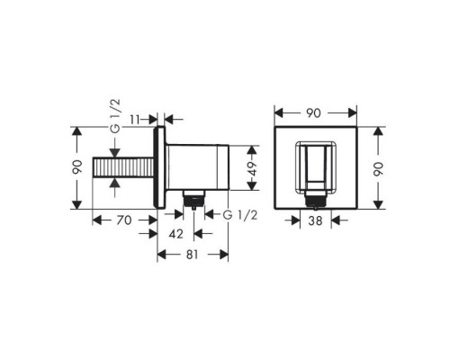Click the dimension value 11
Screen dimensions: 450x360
click(135, 120)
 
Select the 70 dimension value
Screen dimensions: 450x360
click(124, 220)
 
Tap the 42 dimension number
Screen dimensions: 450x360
click(175, 234)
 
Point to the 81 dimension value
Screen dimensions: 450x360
click(193, 255)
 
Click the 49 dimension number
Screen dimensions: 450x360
click(253, 168)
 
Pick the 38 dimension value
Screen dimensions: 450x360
click(315, 221)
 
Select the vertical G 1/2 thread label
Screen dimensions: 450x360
click(115, 116)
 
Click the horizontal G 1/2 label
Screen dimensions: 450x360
click(240, 215)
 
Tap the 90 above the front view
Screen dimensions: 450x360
click(313, 113)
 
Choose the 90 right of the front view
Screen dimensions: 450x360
click(379, 168)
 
